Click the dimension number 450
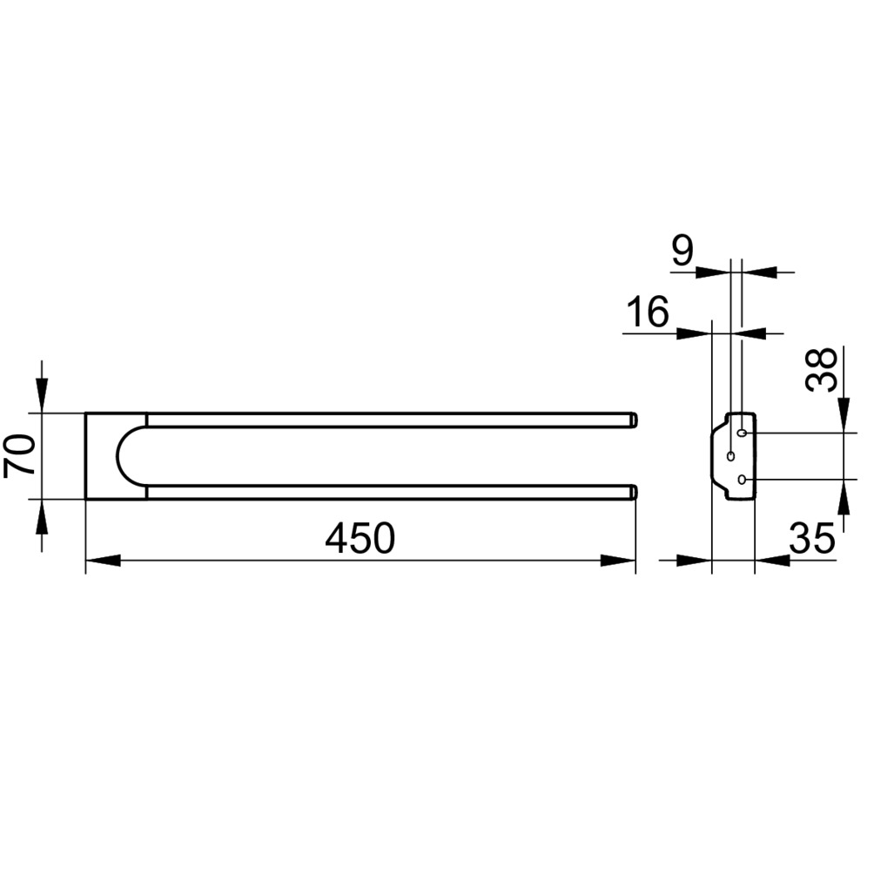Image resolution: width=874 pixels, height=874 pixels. click(x=360, y=539)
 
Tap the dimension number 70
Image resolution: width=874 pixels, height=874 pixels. click(x=19, y=456)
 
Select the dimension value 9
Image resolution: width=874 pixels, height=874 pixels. click(x=682, y=252)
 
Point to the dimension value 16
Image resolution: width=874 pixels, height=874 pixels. click(x=648, y=313)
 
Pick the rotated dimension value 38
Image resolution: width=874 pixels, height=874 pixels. click(x=822, y=370)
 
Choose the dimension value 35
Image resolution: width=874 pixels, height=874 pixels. click(x=812, y=539)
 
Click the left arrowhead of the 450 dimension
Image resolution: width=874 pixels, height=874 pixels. click(x=103, y=561)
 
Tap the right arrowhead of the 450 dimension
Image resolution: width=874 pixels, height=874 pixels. click(x=618, y=561)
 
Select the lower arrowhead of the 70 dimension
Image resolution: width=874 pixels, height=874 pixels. click(x=42, y=517)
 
